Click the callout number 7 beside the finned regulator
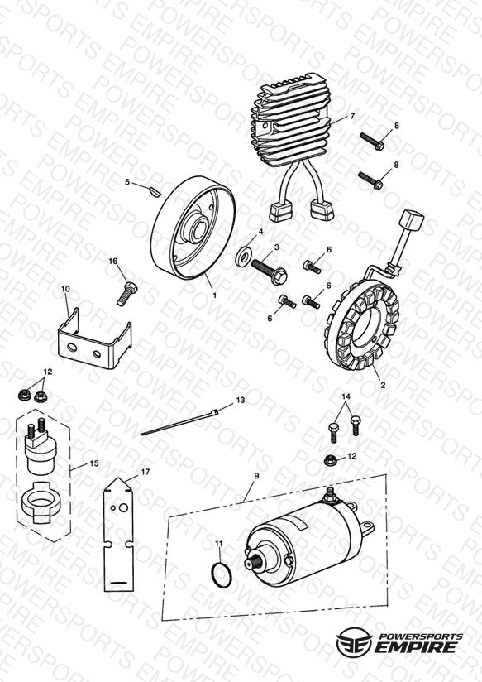click(352, 116)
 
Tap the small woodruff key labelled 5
click(155, 190)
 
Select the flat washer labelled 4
click(243, 257)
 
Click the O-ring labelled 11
click(222, 575)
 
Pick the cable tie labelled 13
click(179, 422)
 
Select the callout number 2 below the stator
click(383, 385)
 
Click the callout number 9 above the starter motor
click(256, 476)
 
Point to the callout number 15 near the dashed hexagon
click(94, 463)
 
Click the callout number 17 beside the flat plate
click(146, 472)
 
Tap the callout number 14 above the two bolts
click(346, 396)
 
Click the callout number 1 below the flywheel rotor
click(214, 295)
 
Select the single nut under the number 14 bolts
click(332, 459)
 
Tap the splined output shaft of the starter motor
click(257, 563)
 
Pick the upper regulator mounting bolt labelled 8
click(371, 141)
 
